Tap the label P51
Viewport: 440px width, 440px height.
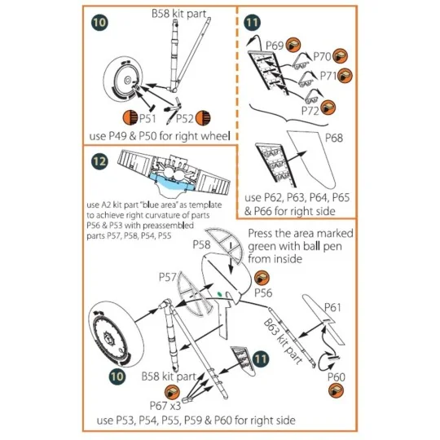pos(145,119)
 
